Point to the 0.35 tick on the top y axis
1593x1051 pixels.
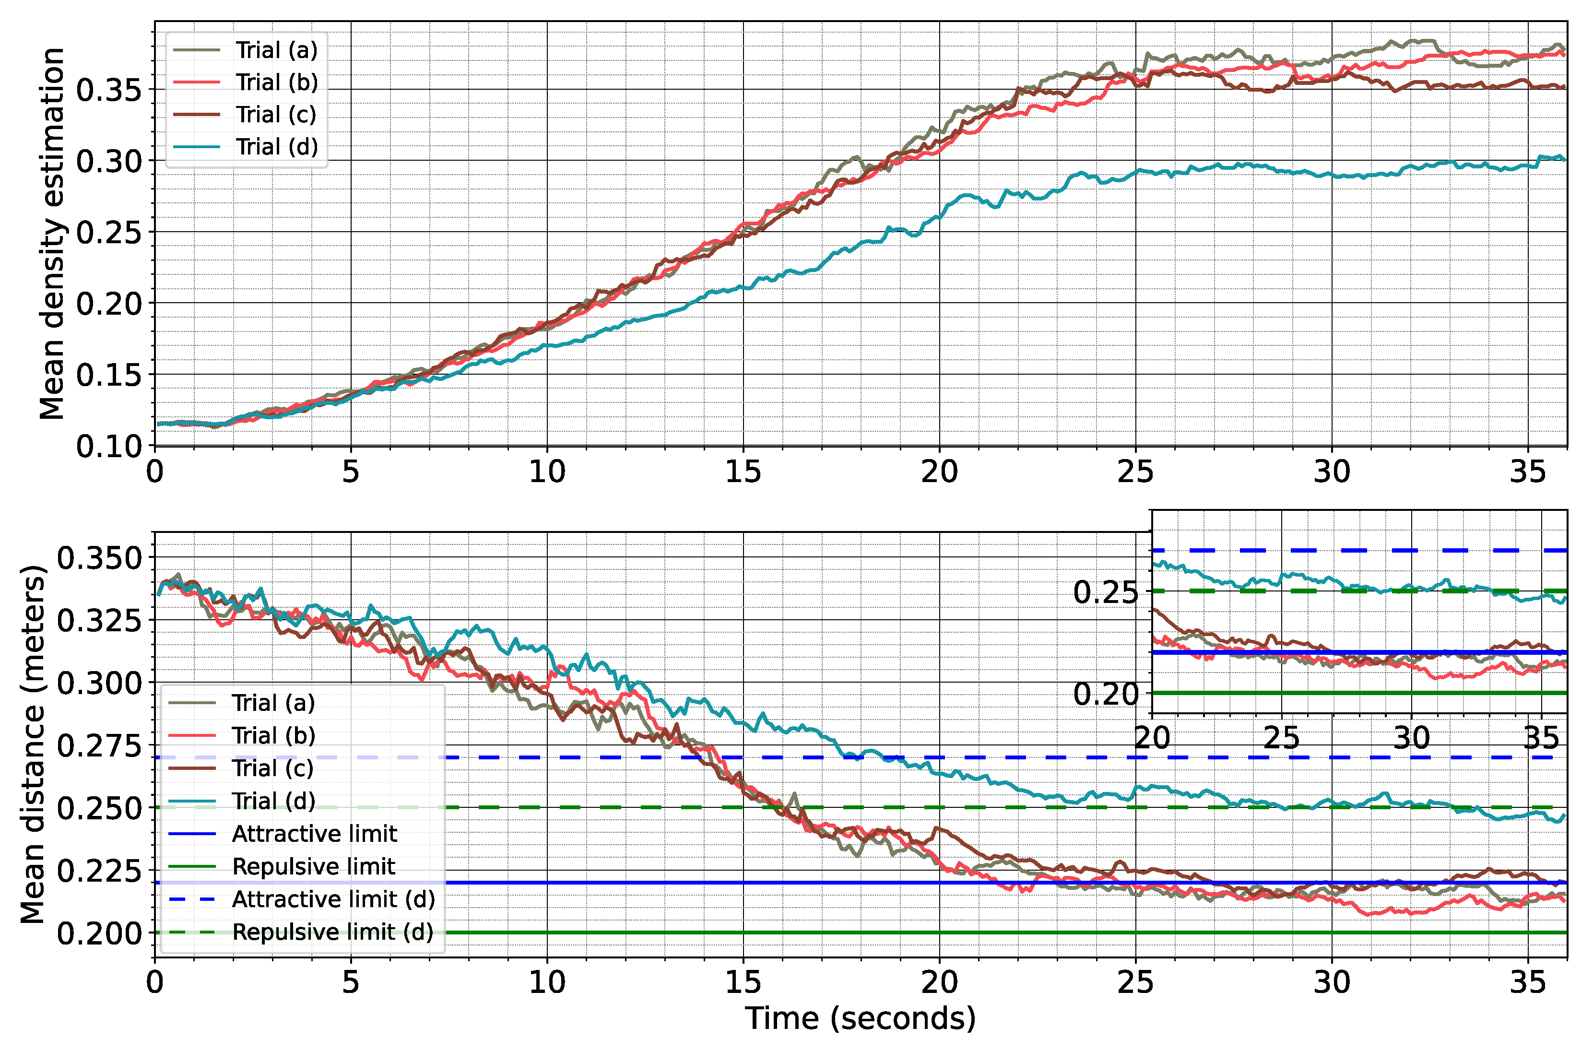(109, 90)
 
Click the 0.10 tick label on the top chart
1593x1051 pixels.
(109, 446)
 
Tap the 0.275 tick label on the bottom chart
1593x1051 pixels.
(100, 745)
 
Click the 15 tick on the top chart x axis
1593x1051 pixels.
(743, 472)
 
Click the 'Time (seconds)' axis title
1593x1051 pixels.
(861, 1019)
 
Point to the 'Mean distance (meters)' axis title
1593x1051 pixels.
(32, 744)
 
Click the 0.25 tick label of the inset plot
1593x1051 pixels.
(1105, 592)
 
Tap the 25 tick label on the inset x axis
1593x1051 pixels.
(1281, 738)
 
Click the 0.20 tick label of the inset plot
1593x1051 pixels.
(1105, 694)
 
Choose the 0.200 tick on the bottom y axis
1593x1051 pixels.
(100, 933)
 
